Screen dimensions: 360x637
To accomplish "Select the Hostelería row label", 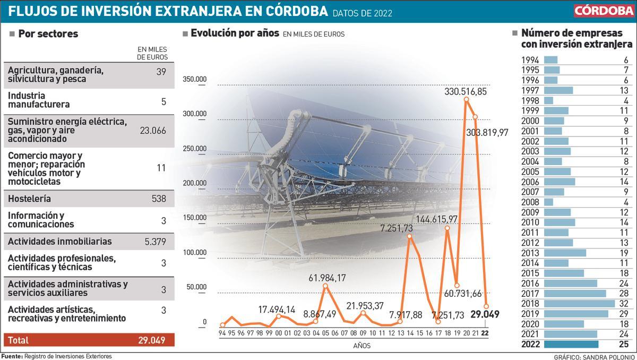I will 29,199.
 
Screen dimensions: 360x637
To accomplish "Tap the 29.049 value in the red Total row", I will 152,340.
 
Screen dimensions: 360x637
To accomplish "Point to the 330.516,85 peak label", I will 466,92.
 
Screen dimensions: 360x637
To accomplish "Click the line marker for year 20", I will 466,99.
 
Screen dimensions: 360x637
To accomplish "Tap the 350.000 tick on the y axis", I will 194,80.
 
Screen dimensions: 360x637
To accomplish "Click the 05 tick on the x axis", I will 325,332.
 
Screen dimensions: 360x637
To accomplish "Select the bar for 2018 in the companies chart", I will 579,304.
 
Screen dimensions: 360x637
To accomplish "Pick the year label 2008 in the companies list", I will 530,202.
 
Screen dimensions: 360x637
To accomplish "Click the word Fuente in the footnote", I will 12,356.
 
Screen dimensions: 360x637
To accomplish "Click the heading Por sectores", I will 48,34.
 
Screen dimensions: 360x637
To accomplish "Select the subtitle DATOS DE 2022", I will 363,13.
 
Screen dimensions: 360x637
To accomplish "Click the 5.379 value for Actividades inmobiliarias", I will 155,242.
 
